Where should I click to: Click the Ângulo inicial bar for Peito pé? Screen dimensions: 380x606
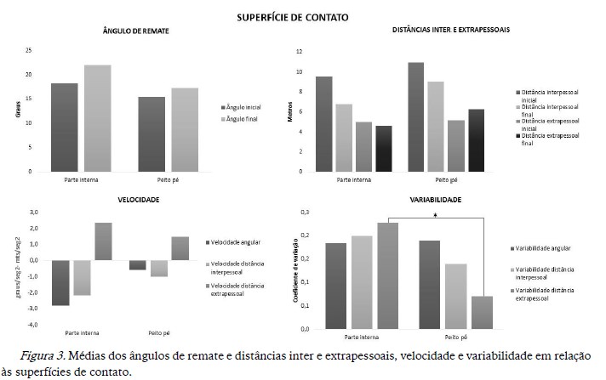[x=151, y=133]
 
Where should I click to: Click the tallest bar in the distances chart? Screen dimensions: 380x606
[x=415, y=116]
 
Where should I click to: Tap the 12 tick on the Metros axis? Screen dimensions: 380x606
[x=299, y=51]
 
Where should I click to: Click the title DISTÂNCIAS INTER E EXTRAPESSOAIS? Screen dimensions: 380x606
[x=451, y=30]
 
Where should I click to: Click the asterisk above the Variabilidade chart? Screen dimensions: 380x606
[x=435, y=216]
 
